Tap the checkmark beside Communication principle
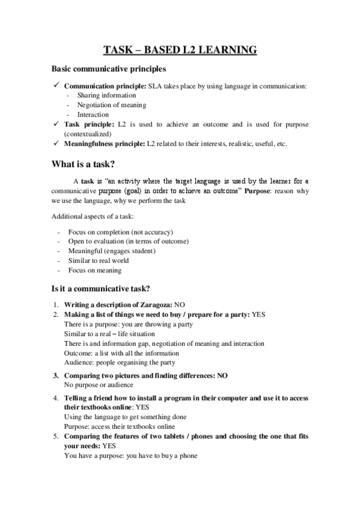pyautogui.click(x=55, y=86)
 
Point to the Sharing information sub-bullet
pyautogui.click(x=106, y=95)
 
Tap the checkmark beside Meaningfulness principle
pyautogui.click(x=55, y=143)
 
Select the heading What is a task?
pyautogui.click(x=88, y=165)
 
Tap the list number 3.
pyautogui.click(x=55, y=375)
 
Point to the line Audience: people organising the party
pyautogui.click(x=120, y=363)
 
